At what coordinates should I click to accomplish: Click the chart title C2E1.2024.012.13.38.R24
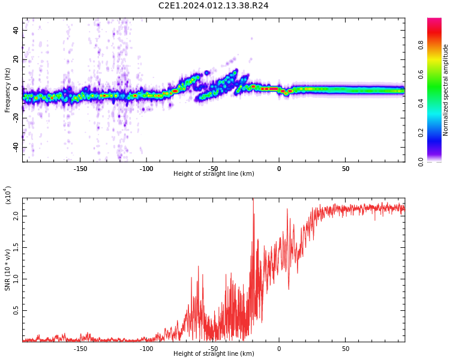coord(214,6)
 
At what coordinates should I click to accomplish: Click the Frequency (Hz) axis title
coord(8,89)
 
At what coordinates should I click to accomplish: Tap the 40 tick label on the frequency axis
coord(16,30)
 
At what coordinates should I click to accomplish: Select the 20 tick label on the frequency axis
coord(16,59)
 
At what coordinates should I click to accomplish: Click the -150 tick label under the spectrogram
coord(80,169)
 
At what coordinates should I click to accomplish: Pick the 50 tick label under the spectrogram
coord(346,169)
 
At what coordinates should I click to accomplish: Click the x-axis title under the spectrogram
coord(214,174)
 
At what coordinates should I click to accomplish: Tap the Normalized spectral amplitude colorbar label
coord(446,89)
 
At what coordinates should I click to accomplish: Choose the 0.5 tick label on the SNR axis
coord(16,311)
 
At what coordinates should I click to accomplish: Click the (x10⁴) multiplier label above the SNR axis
coord(8,195)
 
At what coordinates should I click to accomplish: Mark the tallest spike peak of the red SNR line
coord(253,199)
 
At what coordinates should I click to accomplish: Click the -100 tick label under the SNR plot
coord(146,349)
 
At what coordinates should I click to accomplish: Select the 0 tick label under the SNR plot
coord(279,349)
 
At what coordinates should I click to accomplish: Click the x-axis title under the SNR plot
coord(214,354)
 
